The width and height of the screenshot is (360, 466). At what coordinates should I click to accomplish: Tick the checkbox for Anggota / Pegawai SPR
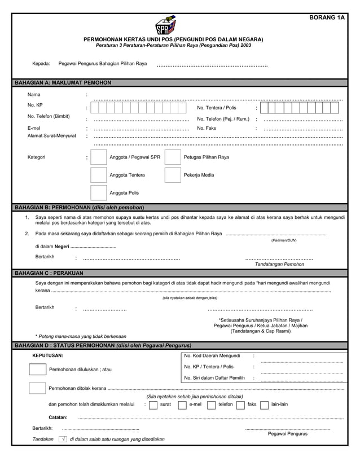[99, 157]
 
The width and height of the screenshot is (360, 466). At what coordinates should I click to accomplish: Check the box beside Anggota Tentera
[99, 175]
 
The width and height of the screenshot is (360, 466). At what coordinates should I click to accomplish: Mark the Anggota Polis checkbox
[99, 193]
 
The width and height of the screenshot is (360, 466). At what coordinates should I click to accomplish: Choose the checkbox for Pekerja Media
[173, 175]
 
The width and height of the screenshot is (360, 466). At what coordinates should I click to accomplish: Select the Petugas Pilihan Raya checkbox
[173, 157]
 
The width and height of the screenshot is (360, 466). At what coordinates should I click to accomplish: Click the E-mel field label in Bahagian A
[34, 128]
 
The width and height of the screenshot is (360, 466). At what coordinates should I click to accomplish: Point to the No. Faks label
[207, 128]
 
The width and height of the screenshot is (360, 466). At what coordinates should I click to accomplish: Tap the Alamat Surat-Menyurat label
[52, 136]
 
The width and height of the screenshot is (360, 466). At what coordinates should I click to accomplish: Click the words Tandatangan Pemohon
[280, 264]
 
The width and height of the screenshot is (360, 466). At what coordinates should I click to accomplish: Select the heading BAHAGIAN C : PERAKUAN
[52, 273]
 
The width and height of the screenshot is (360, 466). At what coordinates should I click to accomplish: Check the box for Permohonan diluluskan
[37, 370]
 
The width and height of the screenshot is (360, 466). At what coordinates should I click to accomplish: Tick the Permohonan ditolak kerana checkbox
[37, 388]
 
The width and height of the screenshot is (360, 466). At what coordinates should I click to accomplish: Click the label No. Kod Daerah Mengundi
[212, 356]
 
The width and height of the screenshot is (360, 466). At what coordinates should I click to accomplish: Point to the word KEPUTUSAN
[48, 356]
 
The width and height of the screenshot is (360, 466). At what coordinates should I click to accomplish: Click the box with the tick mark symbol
[63, 439]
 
